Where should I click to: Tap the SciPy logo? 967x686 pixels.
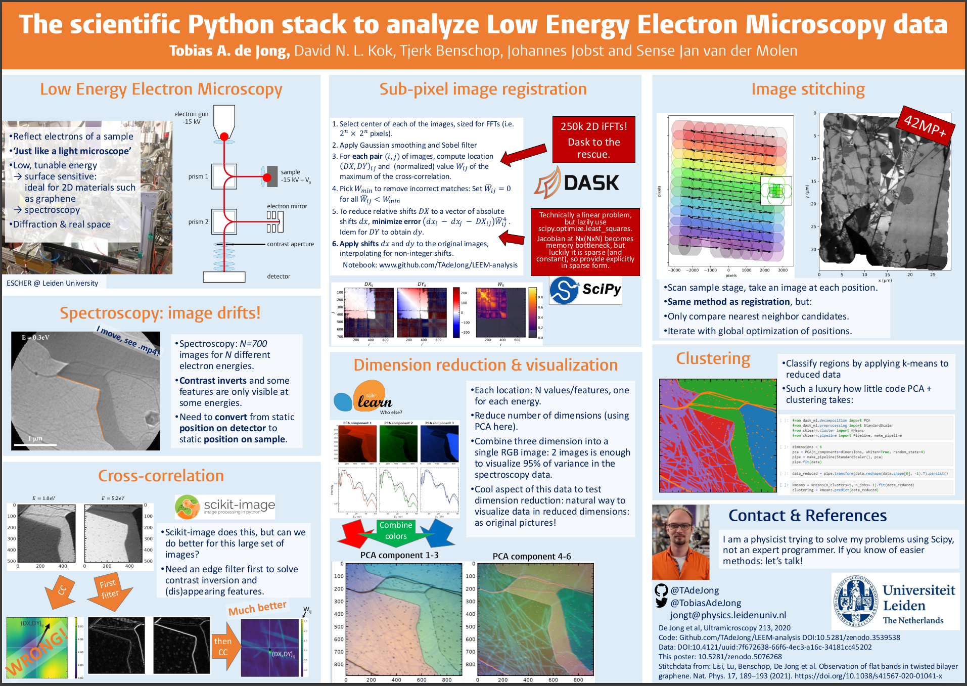(x=585, y=290)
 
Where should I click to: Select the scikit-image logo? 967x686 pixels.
(x=225, y=507)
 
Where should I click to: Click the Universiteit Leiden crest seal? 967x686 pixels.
(x=855, y=601)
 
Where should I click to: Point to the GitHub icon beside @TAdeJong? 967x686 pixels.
(x=661, y=590)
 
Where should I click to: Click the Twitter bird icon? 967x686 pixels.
(x=661, y=603)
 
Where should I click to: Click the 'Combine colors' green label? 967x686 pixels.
(x=396, y=530)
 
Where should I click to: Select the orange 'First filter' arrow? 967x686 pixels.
(x=109, y=591)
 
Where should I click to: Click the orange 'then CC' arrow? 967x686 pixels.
(x=224, y=647)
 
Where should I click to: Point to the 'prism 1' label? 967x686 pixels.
(x=198, y=176)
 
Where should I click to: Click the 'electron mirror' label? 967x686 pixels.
(x=287, y=206)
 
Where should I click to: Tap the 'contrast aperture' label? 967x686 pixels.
(x=290, y=244)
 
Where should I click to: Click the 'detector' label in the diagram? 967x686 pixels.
(x=279, y=276)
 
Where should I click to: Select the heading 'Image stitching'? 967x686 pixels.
(x=808, y=89)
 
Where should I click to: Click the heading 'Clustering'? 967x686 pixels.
(x=713, y=358)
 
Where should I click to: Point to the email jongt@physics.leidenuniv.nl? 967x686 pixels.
(x=728, y=615)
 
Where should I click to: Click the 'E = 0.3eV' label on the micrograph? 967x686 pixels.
(x=35, y=337)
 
